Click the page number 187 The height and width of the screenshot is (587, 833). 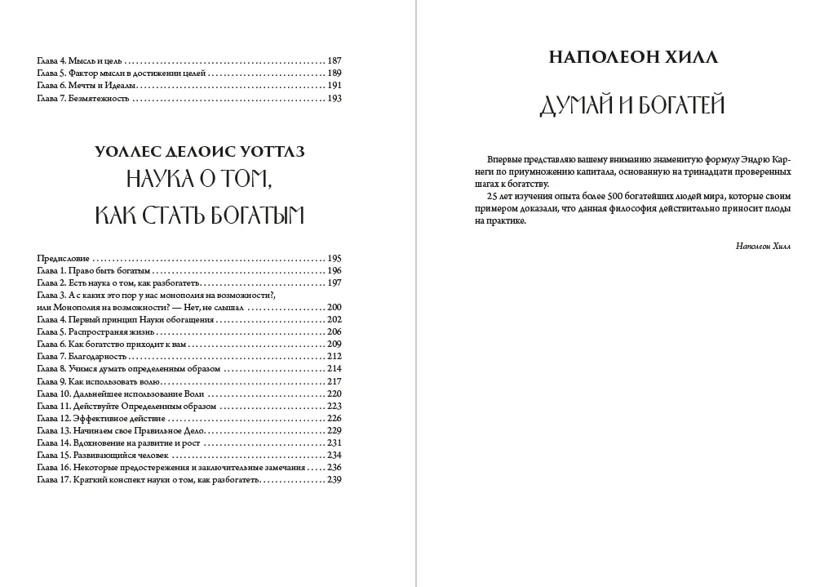pyautogui.click(x=333, y=61)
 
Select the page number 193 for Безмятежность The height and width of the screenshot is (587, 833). pyautogui.click(x=333, y=98)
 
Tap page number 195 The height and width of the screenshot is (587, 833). pyautogui.click(x=333, y=258)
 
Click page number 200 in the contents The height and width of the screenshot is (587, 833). pyautogui.click(x=333, y=307)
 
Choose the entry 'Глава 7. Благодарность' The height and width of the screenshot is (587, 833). pyautogui.click(x=83, y=357)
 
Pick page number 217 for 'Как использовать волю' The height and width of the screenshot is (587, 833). pyautogui.click(x=333, y=381)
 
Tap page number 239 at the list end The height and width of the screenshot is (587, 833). pyautogui.click(x=333, y=479)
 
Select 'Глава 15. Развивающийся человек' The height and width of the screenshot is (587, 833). pyautogui.click(x=103, y=455)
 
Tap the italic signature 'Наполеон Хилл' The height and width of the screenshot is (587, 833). pyautogui.click(x=763, y=246)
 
